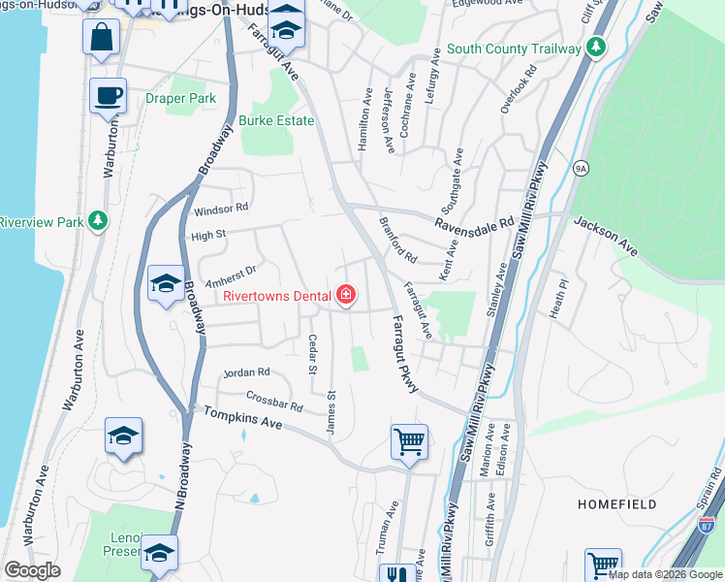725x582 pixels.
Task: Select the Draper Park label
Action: (180, 99)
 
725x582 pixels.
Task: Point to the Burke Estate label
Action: (277, 120)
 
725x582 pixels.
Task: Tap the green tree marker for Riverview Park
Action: (97, 222)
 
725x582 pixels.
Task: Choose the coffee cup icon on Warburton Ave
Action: (108, 96)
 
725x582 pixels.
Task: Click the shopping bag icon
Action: (101, 39)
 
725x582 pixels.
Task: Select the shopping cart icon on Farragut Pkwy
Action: (409, 442)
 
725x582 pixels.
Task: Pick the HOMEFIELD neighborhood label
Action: (617, 504)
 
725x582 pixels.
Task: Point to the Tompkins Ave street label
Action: (242, 419)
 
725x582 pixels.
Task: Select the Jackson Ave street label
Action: (606, 236)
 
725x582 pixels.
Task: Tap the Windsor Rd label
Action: (221, 209)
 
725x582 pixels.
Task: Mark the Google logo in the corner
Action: (34, 570)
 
